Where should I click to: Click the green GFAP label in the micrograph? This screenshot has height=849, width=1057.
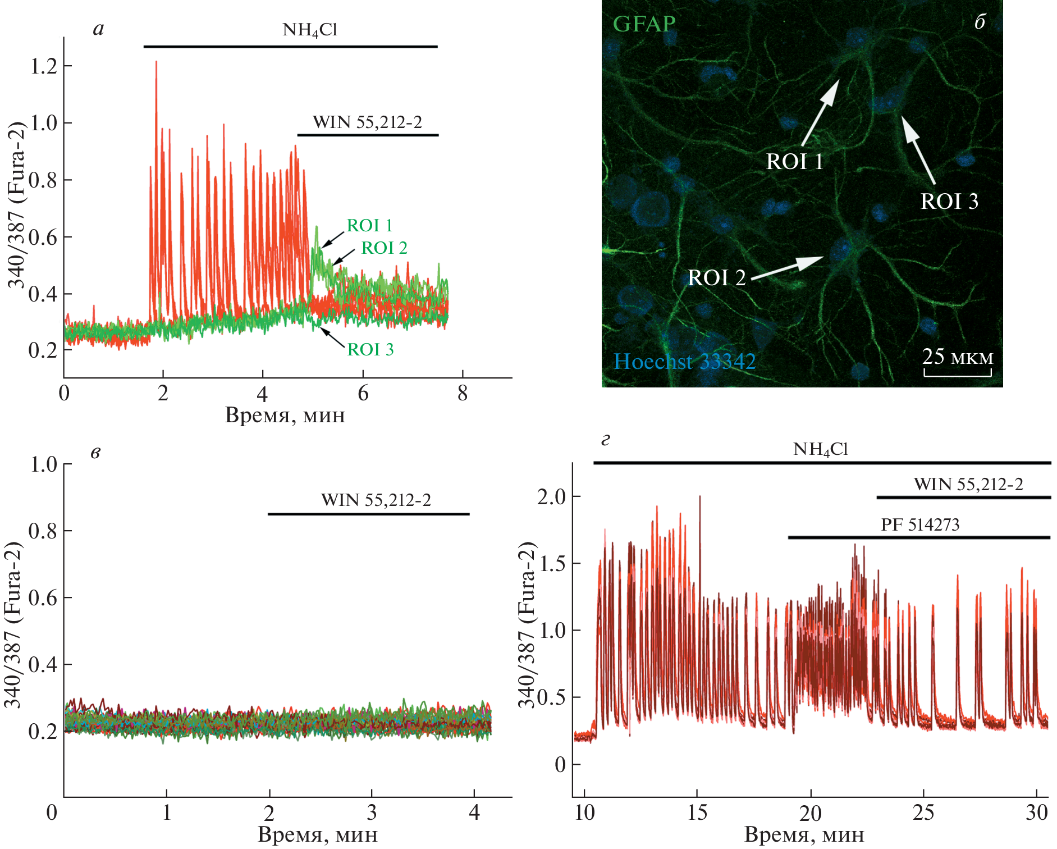(x=644, y=24)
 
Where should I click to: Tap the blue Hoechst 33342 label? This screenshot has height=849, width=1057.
(x=684, y=361)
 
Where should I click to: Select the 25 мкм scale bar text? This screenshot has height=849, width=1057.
(x=958, y=357)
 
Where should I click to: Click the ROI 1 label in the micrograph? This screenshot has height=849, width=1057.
(x=794, y=162)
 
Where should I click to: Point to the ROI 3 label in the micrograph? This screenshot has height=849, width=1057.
(x=949, y=201)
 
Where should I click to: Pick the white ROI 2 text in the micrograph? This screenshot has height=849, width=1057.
(x=716, y=277)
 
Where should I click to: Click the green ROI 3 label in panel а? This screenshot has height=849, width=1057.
(x=370, y=349)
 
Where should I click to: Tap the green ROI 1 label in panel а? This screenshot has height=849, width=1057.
(x=369, y=225)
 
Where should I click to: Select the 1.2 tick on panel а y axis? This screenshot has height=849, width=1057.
(x=43, y=66)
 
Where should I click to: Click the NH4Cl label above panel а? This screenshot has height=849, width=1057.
(x=310, y=30)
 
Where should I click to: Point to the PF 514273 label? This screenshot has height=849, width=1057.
(x=920, y=524)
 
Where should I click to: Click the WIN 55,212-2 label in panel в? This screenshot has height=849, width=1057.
(x=376, y=500)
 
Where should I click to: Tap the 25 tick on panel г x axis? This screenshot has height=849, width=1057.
(x=923, y=813)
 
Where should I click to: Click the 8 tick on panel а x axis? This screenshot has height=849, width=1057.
(x=462, y=394)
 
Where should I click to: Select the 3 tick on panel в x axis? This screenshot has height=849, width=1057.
(x=372, y=813)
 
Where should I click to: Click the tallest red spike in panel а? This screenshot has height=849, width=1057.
(x=156, y=63)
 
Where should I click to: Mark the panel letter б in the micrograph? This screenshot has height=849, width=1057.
(x=980, y=22)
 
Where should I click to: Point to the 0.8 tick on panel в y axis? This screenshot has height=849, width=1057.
(x=43, y=531)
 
